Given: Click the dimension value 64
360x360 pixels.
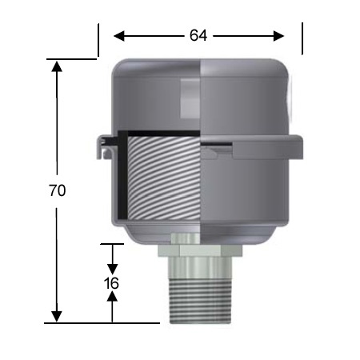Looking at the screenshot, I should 199,35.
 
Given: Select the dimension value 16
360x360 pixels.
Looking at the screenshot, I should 112,283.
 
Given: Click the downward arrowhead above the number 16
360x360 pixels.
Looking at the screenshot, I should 112,266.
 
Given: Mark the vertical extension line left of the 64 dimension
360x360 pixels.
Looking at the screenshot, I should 98,39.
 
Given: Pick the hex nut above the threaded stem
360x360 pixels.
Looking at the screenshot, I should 199,258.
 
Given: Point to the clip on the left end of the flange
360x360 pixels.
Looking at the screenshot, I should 102,146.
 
